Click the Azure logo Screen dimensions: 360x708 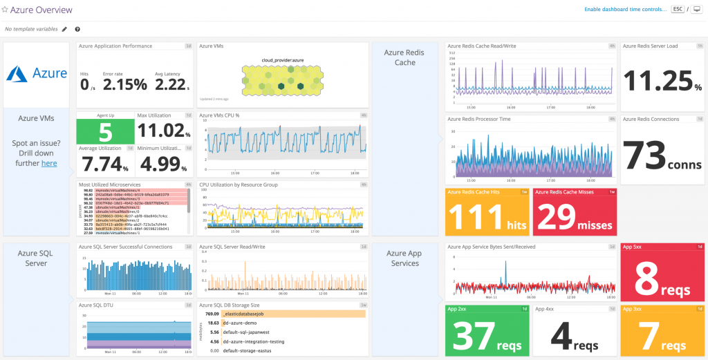pyautogui.click(x=37, y=73)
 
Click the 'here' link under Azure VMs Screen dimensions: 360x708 pyautogui.click(x=49, y=163)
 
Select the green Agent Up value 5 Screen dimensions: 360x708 pyautogui.click(x=105, y=131)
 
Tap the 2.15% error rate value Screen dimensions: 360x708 pyautogui.click(x=124, y=84)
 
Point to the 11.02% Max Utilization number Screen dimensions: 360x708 pyautogui.click(x=163, y=131)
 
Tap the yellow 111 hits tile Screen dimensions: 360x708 pyautogui.click(x=487, y=216)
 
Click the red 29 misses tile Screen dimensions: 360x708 pyautogui.click(x=575, y=216)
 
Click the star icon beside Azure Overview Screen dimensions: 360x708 pyautogui.click(x=5, y=10)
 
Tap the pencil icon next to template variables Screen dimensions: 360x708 pyautogui.click(x=64, y=29)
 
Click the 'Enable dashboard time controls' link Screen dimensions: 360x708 pyautogui.click(x=625, y=10)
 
